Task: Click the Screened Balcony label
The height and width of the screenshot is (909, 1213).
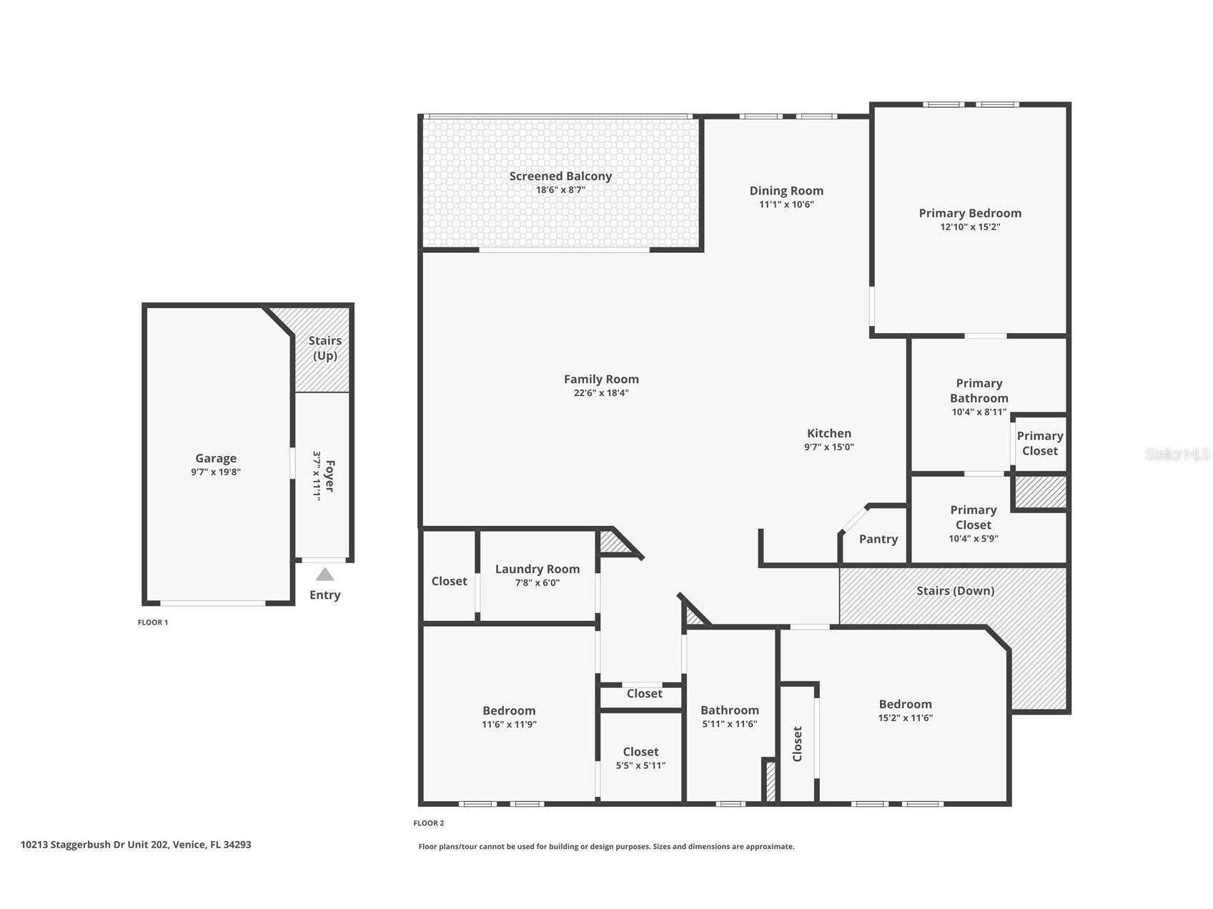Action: coord(560,176)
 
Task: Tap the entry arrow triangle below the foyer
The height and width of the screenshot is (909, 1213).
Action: coord(325,575)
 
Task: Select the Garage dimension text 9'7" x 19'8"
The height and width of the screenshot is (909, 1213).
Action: coord(215,472)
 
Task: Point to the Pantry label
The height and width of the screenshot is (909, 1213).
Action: coord(878,540)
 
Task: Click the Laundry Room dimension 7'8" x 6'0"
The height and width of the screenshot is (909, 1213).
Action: coord(537,583)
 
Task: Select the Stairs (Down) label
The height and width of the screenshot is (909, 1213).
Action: coord(955,591)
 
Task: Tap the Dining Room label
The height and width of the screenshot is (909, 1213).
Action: coord(786,191)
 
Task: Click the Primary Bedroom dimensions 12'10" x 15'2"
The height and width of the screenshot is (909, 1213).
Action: coord(969,227)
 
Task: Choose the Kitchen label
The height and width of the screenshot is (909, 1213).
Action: coord(828,433)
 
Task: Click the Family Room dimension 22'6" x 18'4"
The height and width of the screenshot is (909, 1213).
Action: coord(600,393)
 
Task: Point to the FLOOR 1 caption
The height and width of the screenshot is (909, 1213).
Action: coord(152,622)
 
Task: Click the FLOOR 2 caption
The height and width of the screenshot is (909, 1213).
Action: coord(428,823)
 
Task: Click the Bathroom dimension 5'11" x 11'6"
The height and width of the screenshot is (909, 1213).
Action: coord(729,724)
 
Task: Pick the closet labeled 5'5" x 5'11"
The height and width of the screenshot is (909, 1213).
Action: coord(640,758)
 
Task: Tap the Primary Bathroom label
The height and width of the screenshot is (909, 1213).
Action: coord(979,391)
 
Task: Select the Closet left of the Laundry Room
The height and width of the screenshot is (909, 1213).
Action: coord(449,582)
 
